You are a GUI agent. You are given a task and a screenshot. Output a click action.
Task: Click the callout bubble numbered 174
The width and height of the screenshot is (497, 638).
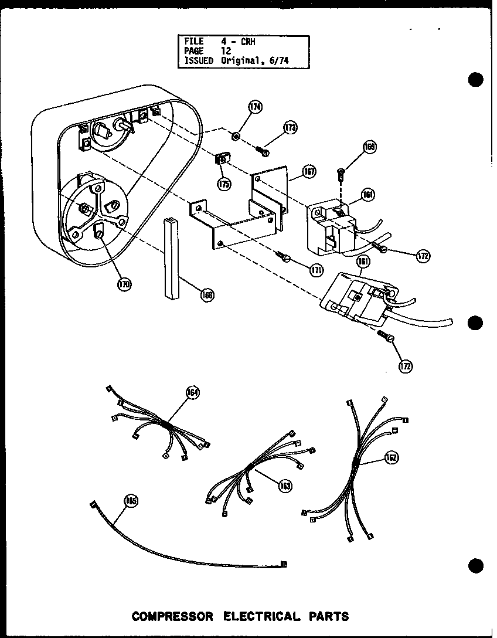click(239, 107)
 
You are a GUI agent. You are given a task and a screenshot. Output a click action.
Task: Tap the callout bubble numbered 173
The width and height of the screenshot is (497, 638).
click(290, 127)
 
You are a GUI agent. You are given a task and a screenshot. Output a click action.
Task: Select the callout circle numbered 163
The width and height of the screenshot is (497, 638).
click(285, 486)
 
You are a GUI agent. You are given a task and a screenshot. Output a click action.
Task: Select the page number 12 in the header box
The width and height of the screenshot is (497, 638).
click(226, 51)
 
